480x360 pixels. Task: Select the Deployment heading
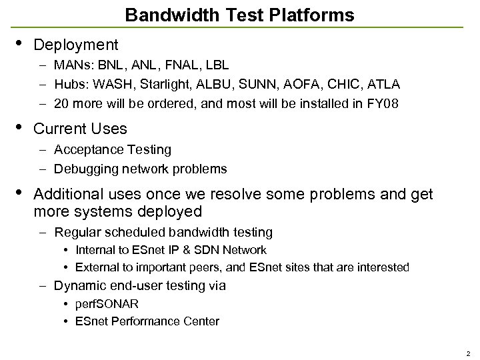(x=75, y=45)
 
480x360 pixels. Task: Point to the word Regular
(x=77, y=233)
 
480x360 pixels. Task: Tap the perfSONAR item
(x=107, y=304)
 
